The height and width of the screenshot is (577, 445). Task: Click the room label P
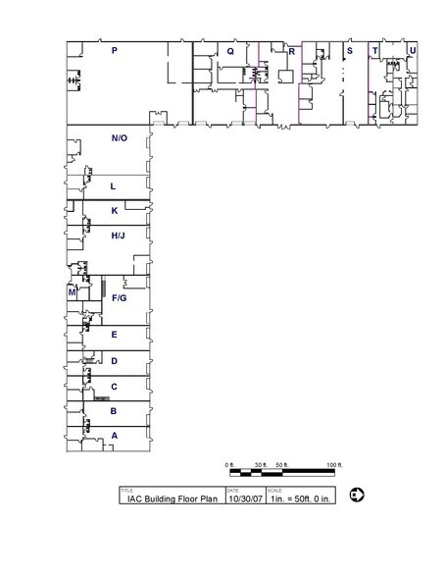(115, 50)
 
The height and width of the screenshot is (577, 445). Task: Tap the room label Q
(230, 50)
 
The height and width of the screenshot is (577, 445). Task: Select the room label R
(291, 51)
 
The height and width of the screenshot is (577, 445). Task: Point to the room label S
(349, 50)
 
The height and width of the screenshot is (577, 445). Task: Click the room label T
(374, 50)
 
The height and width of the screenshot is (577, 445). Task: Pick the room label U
(413, 50)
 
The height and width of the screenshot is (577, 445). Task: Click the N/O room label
(119, 138)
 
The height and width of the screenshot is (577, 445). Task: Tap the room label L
(114, 185)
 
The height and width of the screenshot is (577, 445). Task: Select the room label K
(115, 211)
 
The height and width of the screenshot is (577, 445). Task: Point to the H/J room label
(118, 236)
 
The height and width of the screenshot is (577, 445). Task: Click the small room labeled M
(73, 292)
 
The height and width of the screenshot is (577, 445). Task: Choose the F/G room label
(120, 297)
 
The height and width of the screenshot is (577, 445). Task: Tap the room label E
(115, 336)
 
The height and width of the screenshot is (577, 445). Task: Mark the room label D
(115, 361)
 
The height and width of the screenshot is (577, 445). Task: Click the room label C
(115, 387)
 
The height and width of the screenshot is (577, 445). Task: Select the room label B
(115, 411)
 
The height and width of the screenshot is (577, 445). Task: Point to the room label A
(115, 436)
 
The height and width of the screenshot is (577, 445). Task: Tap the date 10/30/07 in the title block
(245, 498)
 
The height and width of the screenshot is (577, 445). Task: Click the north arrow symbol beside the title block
(357, 494)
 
